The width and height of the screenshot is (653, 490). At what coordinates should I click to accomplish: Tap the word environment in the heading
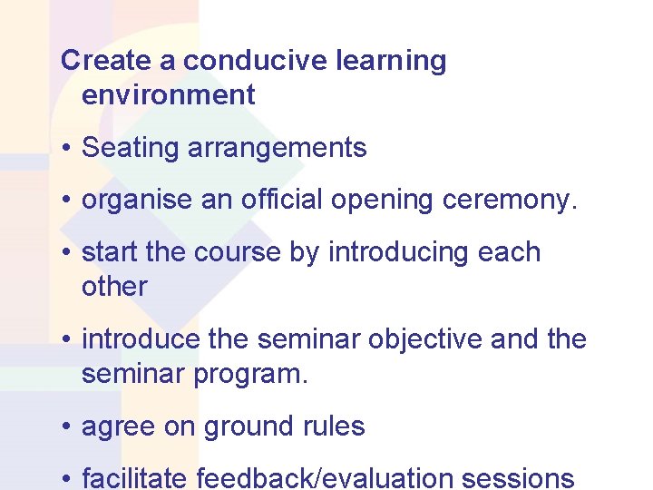(x=168, y=94)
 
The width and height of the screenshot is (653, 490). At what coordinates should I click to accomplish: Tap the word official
(x=282, y=201)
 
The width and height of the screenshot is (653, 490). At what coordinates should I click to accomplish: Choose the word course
(x=237, y=252)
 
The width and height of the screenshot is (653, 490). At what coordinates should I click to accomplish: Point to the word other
(x=114, y=286)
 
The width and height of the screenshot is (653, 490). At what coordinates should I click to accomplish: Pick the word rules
(x=335, y=426)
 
